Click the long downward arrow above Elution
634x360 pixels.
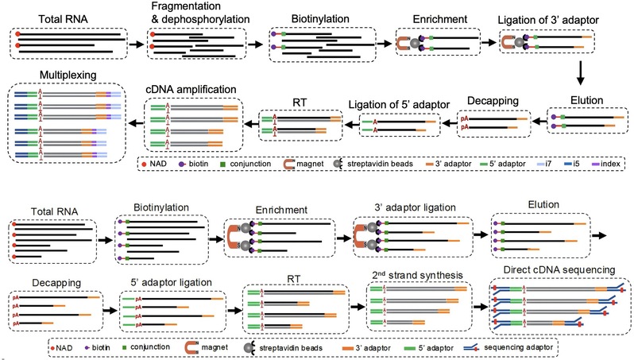581,74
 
